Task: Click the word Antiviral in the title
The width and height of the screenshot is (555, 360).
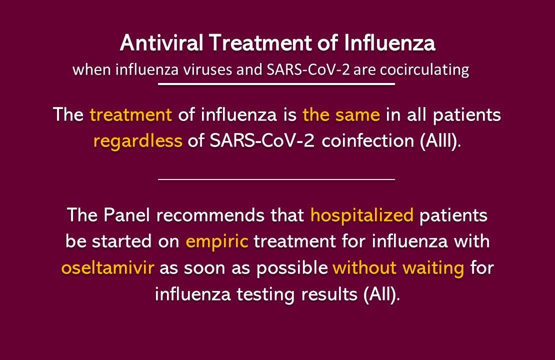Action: coord(161,44)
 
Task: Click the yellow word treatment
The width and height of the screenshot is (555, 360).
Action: coord(131,115)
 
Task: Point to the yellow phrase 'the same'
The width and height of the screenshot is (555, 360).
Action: coord(341,115)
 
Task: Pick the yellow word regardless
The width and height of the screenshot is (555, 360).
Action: coord(138,141)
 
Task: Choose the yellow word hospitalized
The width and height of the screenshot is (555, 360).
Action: coord(362,216)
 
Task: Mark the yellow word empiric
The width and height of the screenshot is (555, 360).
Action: coord(217,242)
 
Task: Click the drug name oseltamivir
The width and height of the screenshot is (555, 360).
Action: coord(108,268)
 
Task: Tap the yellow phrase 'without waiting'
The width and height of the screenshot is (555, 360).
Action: coord(398,268)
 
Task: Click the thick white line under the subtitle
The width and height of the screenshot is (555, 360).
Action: coord(276,84)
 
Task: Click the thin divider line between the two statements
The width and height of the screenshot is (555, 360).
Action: coord(276,178)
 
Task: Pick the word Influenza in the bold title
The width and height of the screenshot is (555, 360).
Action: coord(389,44)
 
